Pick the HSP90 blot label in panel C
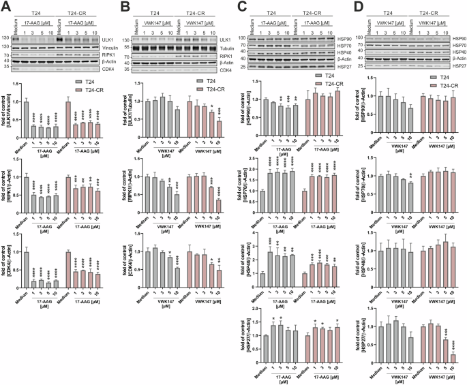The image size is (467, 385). (x=337, y=40)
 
